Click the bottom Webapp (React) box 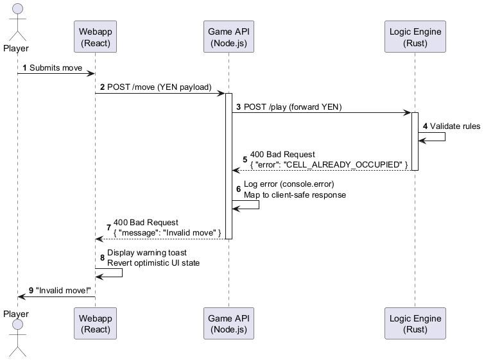click(x=96, y=324)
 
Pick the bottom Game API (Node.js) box click(x=229, y=324)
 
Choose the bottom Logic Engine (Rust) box click(x=415, y=324)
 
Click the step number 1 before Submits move click(x=25, y=67)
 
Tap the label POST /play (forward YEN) click(x=293, y=107)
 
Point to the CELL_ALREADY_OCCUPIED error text click(x=329, y=165)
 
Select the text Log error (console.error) click(x=289, y=184)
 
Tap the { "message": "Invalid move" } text click(x=168, y=232)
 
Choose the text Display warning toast click(x=147, y=252)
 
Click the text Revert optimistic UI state click(x=153, y=262)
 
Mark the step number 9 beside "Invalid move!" click(x=31, y=289)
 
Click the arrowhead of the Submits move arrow click(x=92, y=74)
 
